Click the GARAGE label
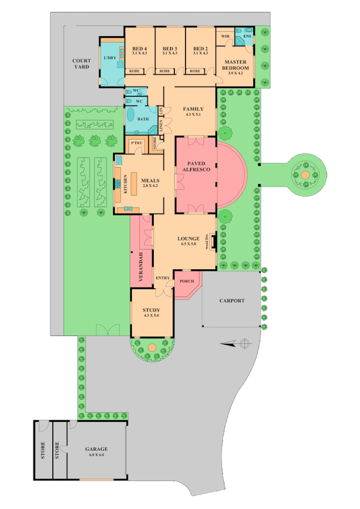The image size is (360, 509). click(x=96, y=449)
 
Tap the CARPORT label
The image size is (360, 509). click(x=232, y=301)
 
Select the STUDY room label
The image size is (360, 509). click(x=152, y=310)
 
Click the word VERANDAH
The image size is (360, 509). click(x=140, y=267)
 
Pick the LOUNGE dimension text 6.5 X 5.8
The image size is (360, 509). click(x=188, y=244)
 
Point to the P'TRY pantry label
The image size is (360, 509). click(x=135, y=142)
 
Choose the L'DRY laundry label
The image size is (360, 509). click(x=109, y=58)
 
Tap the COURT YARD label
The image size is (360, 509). click(x=81, y=64)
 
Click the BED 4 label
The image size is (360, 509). click(x=139, y=48)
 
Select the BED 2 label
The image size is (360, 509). click(x=201, y=48)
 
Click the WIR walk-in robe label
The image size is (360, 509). click(x=225, y=36)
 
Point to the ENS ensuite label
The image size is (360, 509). click(x=247, y=37)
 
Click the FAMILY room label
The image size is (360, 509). click(x=194, y=109)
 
